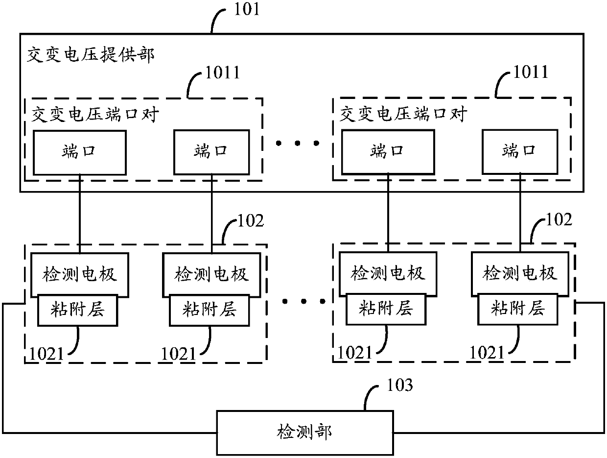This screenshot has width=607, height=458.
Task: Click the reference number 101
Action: click(247, 9)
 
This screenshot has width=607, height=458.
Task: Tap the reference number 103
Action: click(400, 385)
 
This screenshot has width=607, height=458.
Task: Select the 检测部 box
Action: click(305, 433)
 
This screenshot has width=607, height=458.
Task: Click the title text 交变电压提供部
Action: click(91, 54)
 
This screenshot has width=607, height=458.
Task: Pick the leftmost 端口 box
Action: click(80, 152)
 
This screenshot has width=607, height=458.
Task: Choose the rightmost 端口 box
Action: click(520, 152)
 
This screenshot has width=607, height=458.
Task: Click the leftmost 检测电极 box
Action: click(80, 275)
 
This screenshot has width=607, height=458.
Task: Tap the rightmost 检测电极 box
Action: click(520, 274)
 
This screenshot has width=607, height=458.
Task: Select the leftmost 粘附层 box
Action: click(78, 310)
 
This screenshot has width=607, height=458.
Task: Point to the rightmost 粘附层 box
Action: click(518, 309)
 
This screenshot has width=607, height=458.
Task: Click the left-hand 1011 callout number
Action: click(223, 72)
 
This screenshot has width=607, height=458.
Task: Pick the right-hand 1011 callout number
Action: click(531, 72)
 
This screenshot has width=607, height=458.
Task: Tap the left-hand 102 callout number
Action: click(251, 220)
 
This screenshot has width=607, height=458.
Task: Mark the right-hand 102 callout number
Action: click(559, 219)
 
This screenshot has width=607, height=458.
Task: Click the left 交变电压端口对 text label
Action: click(95, 115)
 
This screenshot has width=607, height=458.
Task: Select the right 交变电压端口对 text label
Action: click(403, 114)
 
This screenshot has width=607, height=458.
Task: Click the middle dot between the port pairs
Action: click(298, 143)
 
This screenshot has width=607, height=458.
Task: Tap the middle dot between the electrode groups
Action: click(303, 301)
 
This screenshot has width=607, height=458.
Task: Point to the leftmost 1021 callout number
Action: click(47, 354)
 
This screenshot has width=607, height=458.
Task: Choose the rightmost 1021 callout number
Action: click(487, 353)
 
